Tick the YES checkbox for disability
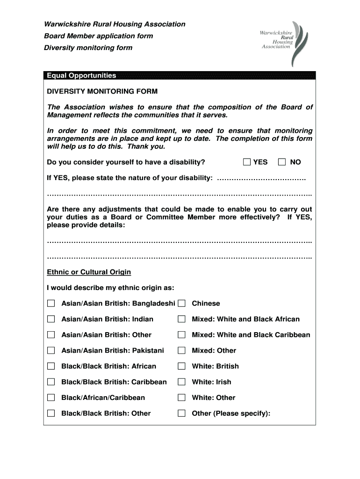pyautogui.click(x=247, y=162)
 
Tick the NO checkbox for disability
pyautogui.click(x=281, y=162)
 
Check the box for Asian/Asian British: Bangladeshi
pyautogui.click(x=51, y=304)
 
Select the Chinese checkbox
pyautogui.click(x=181, y=304)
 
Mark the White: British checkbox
pyautogui.click(x=181, y=366)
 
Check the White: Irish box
pyautogui.click(x=181, y=382)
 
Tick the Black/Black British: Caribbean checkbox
pyautogui.click(x=51, y=382)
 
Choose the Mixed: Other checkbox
pyautogui.click(x=181, y=350)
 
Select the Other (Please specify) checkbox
pyautogui.click(x=181, y=413)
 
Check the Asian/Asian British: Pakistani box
pyautogui.click(x=51, y=350)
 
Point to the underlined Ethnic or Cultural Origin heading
pyautogui.click(x=89, y=272)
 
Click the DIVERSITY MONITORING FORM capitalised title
pyautogui.click(x=102, y=91)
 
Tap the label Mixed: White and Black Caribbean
pyautogui.click(x=251, y=335)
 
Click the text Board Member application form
pyautogui.click(x=98, y=36)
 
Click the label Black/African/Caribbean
pyautogui.click(x=103, y=398)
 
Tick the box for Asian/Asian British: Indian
pyautogui.click(x=51, y=319)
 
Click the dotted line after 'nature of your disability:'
pyautogui.click(x=262, y=178)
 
